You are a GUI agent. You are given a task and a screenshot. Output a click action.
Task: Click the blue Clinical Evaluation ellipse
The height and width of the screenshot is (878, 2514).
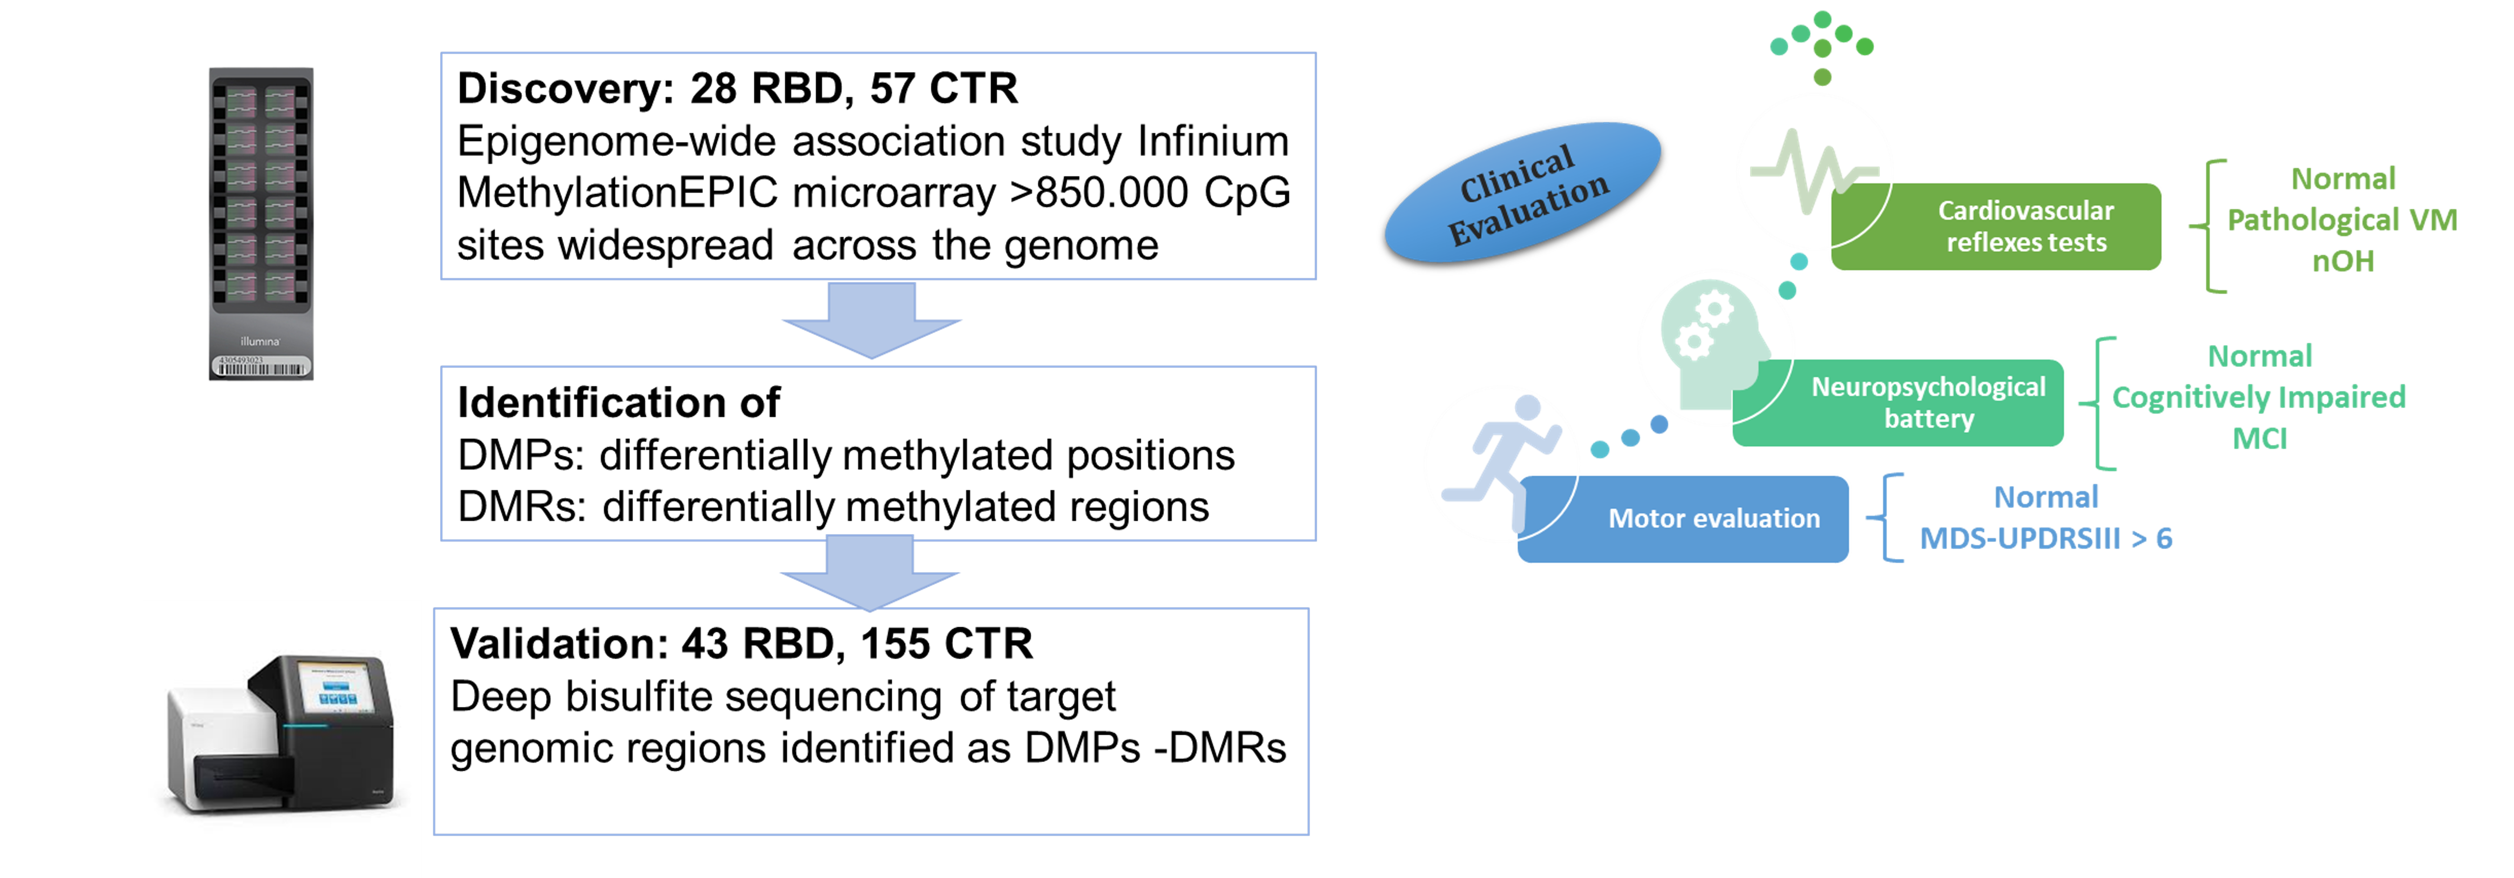[x=1522, y=192]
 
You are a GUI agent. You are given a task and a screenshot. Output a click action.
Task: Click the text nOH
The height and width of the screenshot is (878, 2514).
[x=2342, y=262]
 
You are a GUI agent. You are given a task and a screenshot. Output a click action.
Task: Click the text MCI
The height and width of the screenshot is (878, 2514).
[x=2259, y=439]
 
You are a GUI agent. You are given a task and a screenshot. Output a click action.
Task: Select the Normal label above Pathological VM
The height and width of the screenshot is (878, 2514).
[x=2342, y=178]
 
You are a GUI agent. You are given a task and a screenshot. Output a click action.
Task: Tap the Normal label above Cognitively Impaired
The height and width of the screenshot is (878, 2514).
[x=2259, y=356]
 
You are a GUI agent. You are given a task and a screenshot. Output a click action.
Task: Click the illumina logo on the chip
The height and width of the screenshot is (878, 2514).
[x=261, y=342]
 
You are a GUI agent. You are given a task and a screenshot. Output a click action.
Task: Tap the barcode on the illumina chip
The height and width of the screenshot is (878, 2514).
[x=261, y=368]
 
